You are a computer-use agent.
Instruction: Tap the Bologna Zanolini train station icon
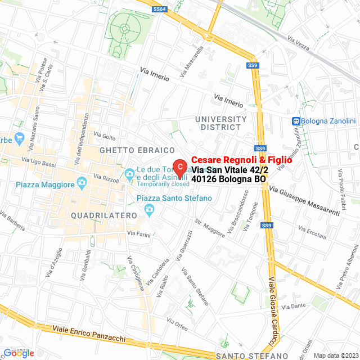(x=295, y=121)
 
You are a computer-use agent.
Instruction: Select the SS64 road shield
(x=160, y=9)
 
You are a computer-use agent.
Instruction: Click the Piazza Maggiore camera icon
(x=82, y=183)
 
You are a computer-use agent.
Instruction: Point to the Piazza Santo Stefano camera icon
(x=149, y=210)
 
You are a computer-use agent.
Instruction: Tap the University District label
(x=221, y=123)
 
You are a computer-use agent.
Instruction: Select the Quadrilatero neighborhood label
(x=104, y=215)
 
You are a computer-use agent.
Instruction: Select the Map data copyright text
(x=335, y=355)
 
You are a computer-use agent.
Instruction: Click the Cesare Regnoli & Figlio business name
(x=242, y=160)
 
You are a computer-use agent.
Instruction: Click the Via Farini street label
(x=137, y=233)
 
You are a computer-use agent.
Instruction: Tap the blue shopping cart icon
(x=19, y=137)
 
